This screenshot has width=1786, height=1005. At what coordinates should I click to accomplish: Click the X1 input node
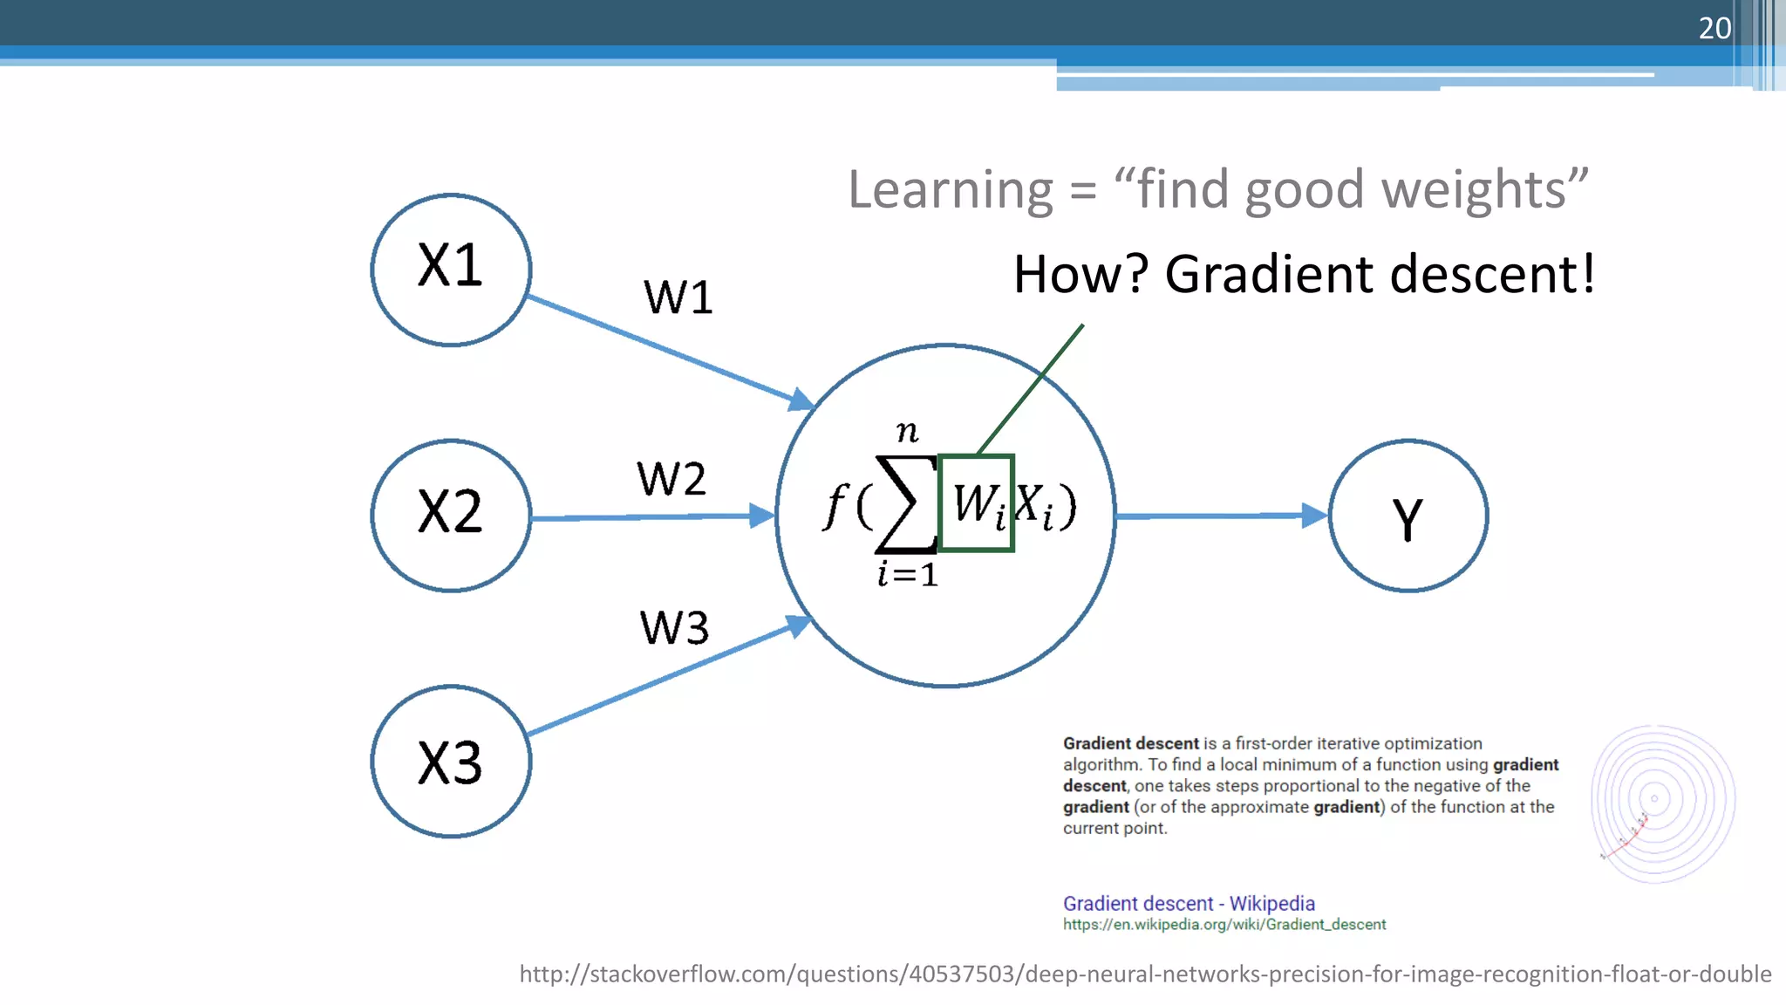coord(451,270)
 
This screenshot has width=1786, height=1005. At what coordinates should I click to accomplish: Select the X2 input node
coord(451,516)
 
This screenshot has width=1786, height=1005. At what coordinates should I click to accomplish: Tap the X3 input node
coord(451,762)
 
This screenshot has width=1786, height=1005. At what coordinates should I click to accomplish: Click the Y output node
coord(1408,516)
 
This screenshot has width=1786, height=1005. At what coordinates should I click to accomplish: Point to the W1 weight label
coord(678,297)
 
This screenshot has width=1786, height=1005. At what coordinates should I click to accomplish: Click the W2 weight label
coord(671,479)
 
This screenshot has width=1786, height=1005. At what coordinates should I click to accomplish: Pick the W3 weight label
coord(674,627)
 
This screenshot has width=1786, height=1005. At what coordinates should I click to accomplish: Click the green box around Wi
coord(976,503)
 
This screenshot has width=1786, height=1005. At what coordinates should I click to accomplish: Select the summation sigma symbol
coord(905,504)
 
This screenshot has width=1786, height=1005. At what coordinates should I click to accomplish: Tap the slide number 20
coord(1714,28)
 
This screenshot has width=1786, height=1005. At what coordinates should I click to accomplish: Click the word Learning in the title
coord(951,190)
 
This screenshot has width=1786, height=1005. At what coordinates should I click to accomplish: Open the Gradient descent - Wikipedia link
coord(1188,903)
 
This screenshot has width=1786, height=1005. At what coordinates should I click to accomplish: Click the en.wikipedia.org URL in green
coord(1224,925)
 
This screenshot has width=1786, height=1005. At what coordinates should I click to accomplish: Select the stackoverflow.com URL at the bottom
coord(1144,974)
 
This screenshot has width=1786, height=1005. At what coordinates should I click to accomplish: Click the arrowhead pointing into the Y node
coord(1314,516)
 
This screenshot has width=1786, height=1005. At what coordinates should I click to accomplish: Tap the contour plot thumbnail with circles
coord(1662,803)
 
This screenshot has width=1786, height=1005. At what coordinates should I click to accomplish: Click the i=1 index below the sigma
coord(908,575)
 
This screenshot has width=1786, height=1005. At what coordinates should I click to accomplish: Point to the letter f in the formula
coord(835,506)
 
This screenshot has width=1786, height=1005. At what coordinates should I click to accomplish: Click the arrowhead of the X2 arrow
coord(762,516)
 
